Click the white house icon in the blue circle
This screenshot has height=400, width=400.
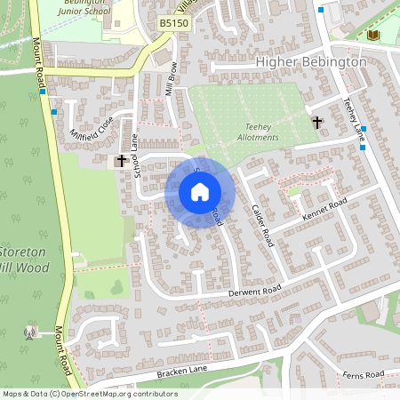pos(200,192)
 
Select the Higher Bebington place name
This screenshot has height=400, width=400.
pos(310,62)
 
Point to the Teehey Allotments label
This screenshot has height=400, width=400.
pos(260,132)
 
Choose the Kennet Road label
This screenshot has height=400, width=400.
pos(324,211)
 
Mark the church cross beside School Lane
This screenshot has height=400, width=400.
pos(121,161)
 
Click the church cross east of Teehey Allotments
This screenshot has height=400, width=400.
pos(316,122)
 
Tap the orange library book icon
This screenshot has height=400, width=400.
pos(373,35)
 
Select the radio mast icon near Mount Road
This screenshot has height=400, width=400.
pos(29,333)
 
